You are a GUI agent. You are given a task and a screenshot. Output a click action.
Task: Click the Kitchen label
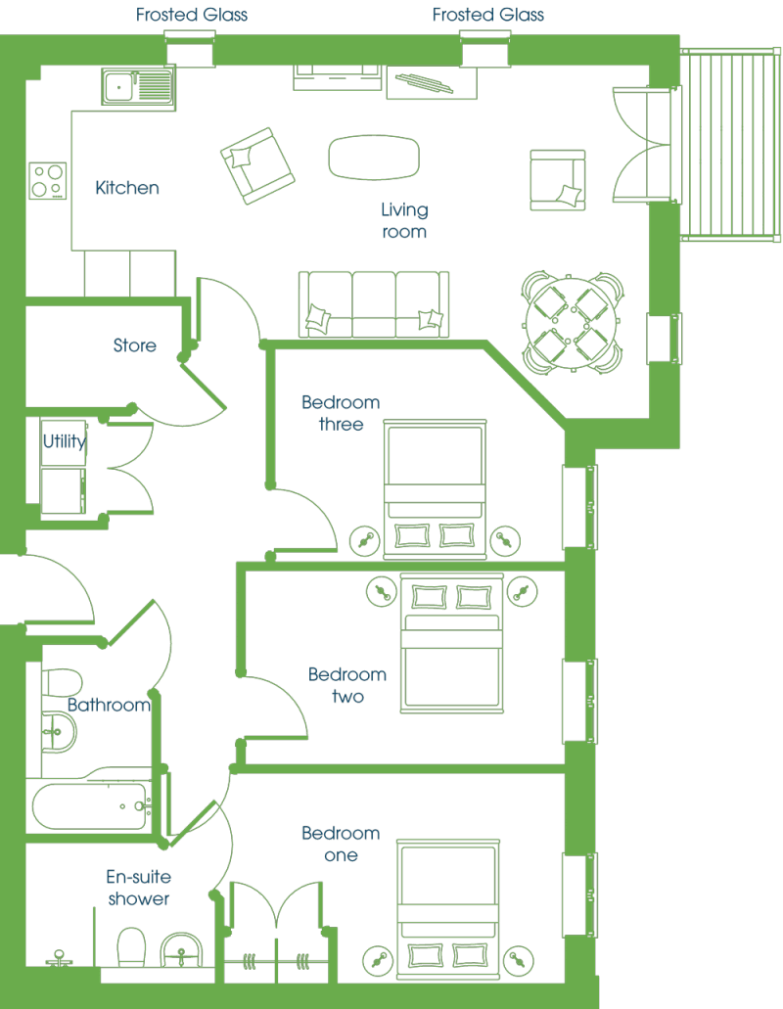pos(126,188)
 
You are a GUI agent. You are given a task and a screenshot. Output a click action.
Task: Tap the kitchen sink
pos(138,87)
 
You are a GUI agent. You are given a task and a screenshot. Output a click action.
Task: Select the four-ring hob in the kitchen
pos(48,181)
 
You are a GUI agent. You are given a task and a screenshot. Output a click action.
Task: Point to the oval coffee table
pos(374,158)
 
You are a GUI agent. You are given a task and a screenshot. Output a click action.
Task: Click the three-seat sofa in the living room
pos(373,304)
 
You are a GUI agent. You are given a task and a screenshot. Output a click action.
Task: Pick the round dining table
pos(571,323)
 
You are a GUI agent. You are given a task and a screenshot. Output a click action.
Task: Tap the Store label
pos(134,345)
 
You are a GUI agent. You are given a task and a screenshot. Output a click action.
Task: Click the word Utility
pos(65,441)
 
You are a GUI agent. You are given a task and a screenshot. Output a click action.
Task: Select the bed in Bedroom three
pos(435,489)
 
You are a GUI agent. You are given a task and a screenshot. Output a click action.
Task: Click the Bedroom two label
pos(347,685)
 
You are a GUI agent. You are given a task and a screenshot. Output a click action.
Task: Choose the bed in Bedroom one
pos(448,908)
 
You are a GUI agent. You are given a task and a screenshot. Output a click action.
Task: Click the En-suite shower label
pos(138,888)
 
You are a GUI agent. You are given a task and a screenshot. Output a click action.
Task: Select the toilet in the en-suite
pos(131,946)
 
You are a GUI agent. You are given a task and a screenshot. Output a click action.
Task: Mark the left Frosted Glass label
pos(192,15)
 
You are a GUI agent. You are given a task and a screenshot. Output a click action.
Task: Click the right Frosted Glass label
pos(488,15)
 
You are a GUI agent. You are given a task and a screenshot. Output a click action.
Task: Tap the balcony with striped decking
pos(729,144)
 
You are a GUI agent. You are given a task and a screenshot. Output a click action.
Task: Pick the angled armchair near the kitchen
pos(257,165)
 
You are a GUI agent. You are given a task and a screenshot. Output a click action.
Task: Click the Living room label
pos(404,221)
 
